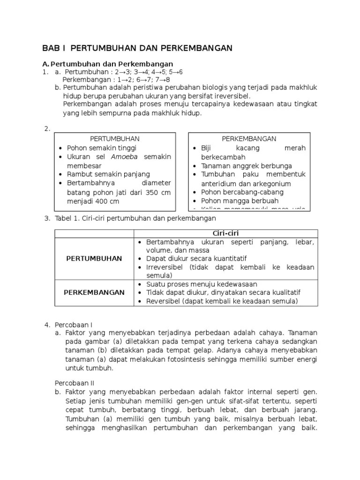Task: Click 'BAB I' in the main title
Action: pos(54,48)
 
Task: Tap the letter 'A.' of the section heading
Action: pos(45,64)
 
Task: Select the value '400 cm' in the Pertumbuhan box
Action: pos(107,201)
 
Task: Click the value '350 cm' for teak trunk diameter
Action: pos(159,193)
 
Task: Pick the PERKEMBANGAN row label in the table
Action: pos(94,292)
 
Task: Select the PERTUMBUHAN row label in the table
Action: pos(94,259)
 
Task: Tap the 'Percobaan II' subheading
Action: pos(75,382)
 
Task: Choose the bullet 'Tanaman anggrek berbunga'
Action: pos(247,166)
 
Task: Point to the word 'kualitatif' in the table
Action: pos(285,292)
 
